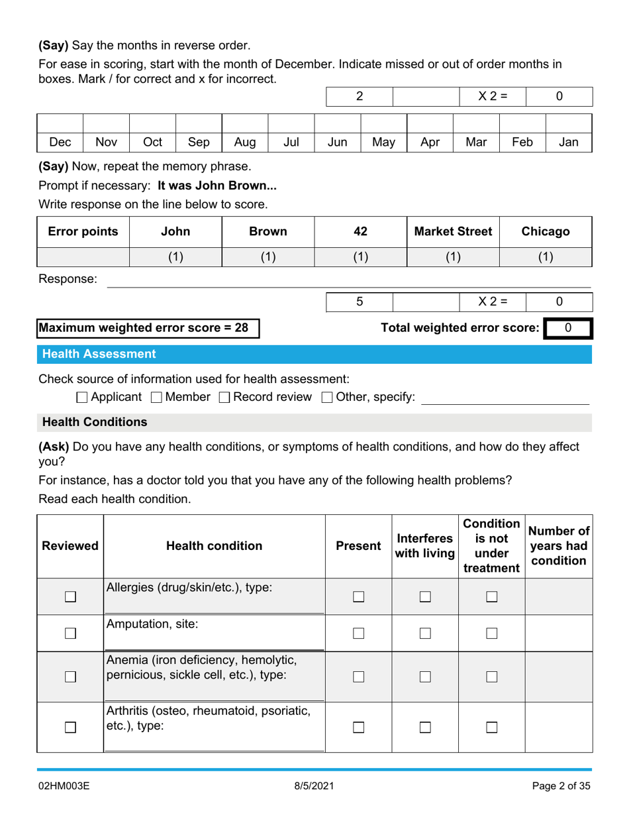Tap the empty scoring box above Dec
coord(60,122)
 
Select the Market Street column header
coord(453,231)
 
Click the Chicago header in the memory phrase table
coord(546,231)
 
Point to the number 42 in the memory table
coord(360,231)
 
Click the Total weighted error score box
coord(568,327)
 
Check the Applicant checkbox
coord(82,398)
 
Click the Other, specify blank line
coord(505,398)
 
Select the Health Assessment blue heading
coord(99,354)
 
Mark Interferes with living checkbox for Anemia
coord(424,676)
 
